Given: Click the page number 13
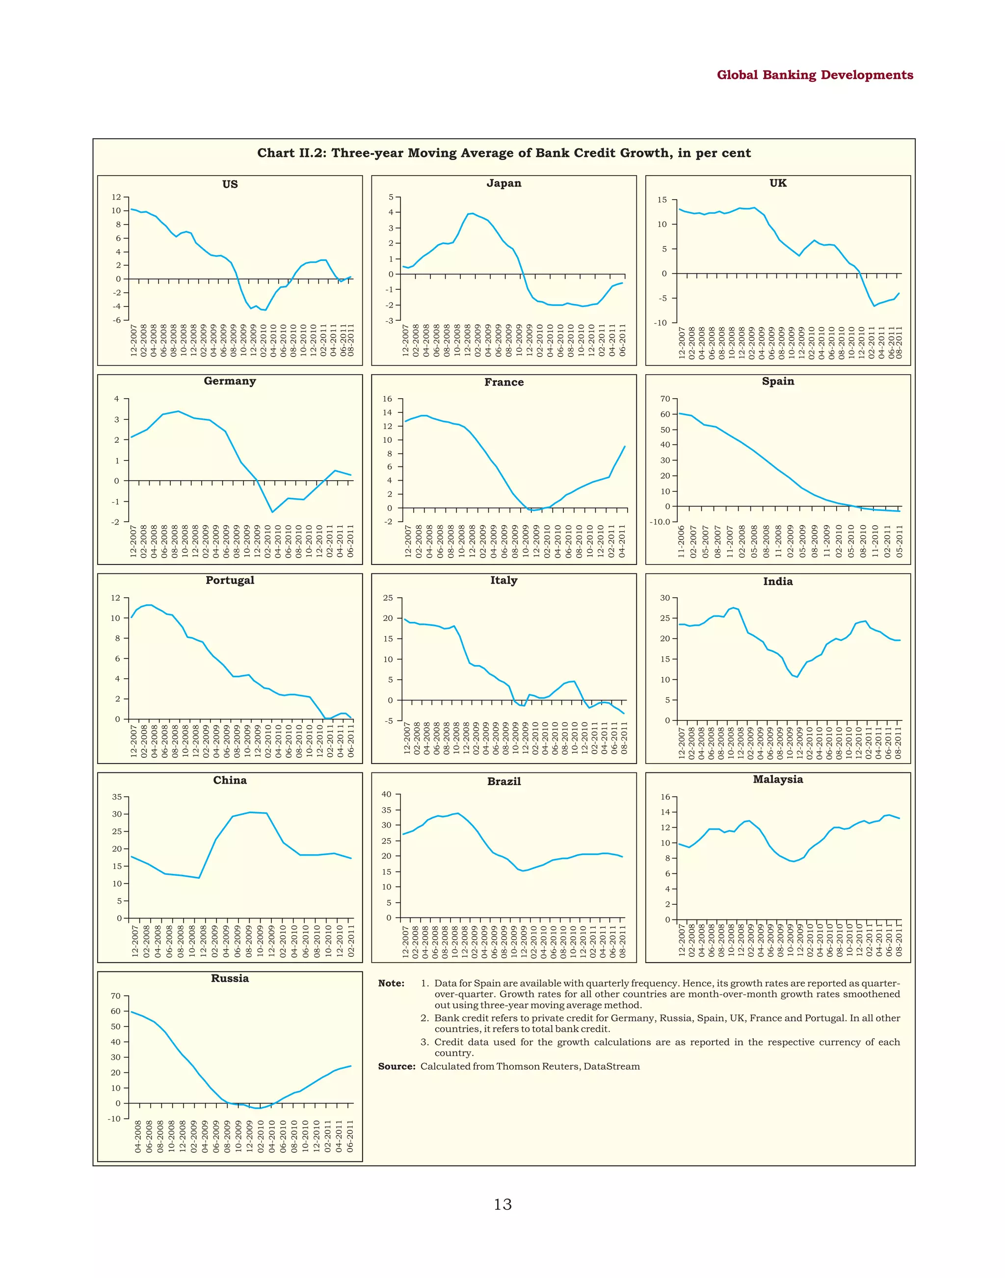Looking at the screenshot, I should point(502,1204).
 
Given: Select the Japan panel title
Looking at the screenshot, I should point(503,183).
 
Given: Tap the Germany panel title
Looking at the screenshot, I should point(230,381).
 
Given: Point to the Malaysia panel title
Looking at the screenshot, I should point(777,779).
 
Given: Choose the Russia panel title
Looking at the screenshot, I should point(230,978).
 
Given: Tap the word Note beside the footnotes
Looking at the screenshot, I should point(391,983).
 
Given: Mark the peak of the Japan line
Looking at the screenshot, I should point(472,213).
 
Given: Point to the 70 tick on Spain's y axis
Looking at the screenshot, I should point(665,399).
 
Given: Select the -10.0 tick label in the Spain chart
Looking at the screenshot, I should point(660,522).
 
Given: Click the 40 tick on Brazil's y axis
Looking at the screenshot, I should point(387,794).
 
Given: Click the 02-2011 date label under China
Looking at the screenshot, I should point(351,941).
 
